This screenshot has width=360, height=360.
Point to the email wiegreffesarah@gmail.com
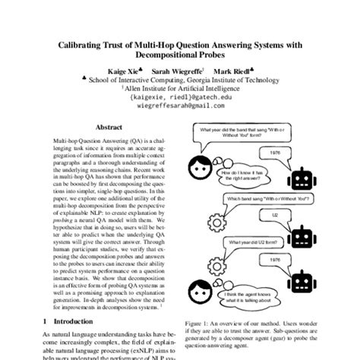click(180, 107)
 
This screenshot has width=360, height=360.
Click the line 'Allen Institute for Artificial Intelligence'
click(179, 88)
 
